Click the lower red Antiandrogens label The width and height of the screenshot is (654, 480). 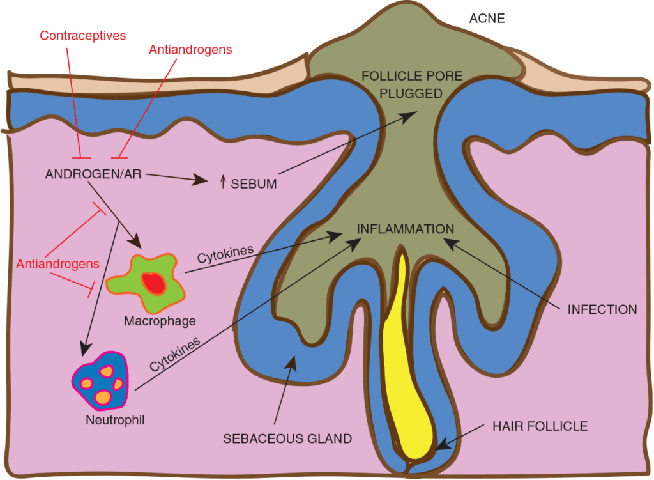[58, 263]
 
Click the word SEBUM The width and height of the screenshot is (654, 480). [254, 184]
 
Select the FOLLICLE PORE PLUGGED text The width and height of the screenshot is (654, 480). [402, 84]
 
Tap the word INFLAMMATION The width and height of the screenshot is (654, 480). [405, 229]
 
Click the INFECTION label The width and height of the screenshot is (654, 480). [602, 310]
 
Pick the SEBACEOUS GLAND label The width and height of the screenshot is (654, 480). [287, 439]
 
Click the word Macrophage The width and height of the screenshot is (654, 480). [160, 320]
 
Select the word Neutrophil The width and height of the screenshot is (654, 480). [114, 421]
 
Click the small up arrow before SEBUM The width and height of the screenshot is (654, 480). [222, 183]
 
